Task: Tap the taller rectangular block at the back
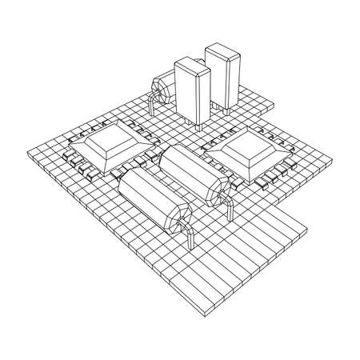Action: point(223,80)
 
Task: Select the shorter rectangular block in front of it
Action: point(192,92)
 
